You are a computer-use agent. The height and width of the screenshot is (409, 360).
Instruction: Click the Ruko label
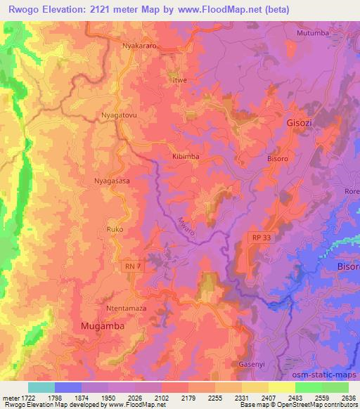115,229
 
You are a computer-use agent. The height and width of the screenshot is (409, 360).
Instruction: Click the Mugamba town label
99,327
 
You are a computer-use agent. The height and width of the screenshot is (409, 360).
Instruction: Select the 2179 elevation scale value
186,397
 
